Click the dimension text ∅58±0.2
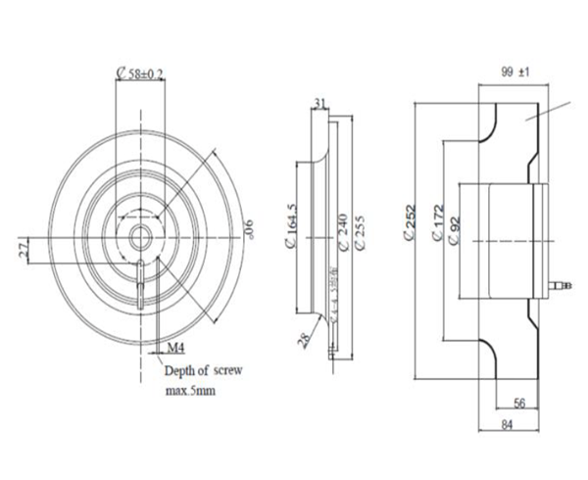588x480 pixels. (x=140, y=72)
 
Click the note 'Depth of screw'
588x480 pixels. (x=200, y=371)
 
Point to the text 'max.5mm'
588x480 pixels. (x=190, y=390)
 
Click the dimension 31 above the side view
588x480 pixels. (x=320, y=102)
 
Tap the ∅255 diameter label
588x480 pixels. (x=361, y=233)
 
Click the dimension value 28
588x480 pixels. (x=306, y=339)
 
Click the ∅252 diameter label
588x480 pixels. (x=410, y=223)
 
